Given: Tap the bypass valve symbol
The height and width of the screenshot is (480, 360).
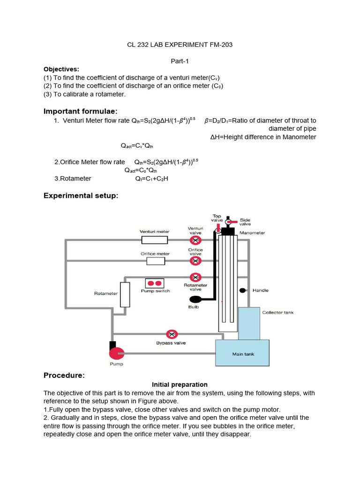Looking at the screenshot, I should coord(172,334).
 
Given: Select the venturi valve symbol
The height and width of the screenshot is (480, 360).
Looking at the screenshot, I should coord(195,240).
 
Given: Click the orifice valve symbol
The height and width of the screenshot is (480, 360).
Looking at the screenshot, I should coord(195,259).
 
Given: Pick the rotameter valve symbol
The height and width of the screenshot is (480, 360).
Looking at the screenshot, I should coord(195,277).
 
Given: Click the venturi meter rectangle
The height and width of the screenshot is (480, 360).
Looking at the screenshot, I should coord(155,240).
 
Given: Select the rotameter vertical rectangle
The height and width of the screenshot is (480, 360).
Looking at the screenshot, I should coord(125,294).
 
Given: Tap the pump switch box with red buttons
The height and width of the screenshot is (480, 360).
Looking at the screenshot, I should coord(155,283).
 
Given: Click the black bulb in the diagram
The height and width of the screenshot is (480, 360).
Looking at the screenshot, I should coord(195,299).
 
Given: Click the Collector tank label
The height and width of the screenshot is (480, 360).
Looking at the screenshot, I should coord(277,312).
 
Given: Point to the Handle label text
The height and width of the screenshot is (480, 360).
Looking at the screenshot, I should coord(261,290).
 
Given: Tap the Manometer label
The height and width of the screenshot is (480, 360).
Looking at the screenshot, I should coord(252,232).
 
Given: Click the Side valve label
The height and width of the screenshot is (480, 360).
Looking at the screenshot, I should coord(245,222).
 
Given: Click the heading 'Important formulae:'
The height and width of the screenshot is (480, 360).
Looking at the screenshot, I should coord(80,111).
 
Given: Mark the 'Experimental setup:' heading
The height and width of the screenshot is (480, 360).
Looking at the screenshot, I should coord(81,195).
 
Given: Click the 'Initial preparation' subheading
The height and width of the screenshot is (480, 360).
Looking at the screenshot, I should coord(180,384).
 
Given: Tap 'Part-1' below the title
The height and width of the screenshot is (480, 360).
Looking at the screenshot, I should coord(180,61).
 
